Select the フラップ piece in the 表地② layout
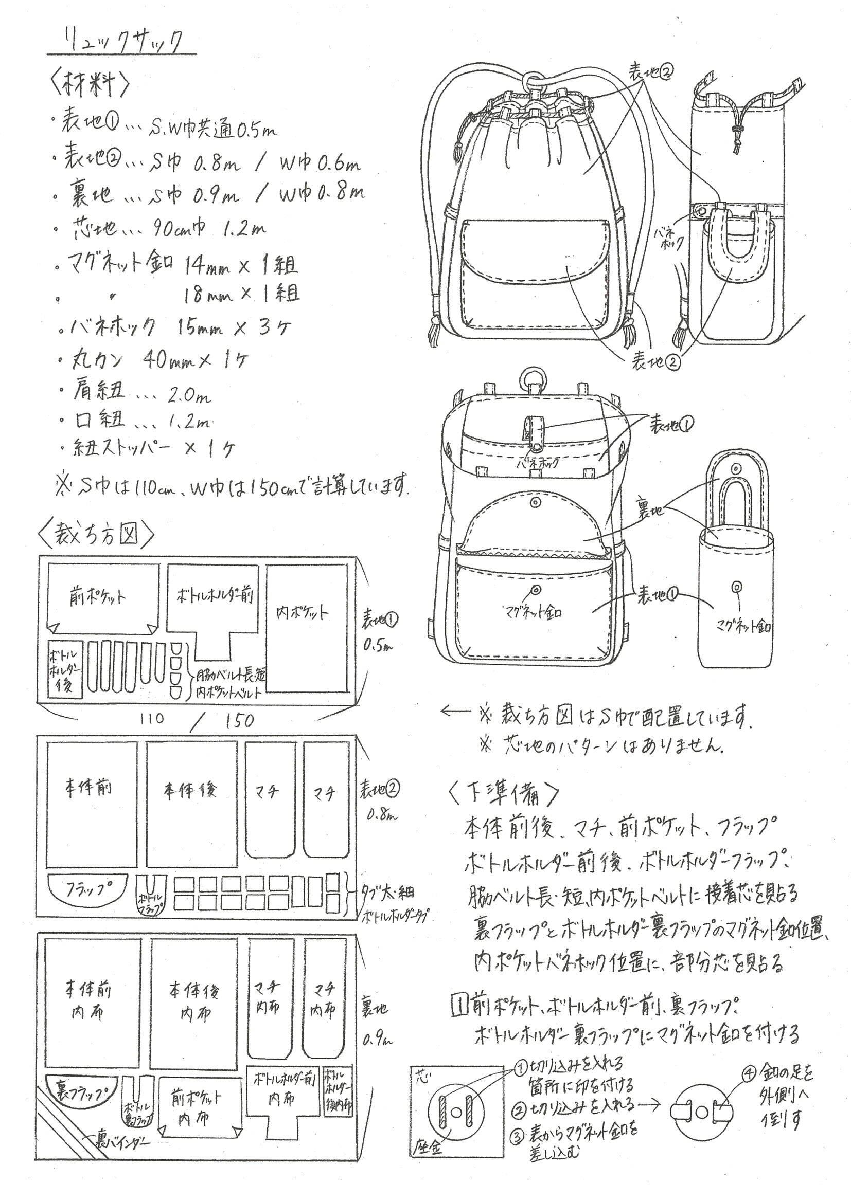(88, 888)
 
